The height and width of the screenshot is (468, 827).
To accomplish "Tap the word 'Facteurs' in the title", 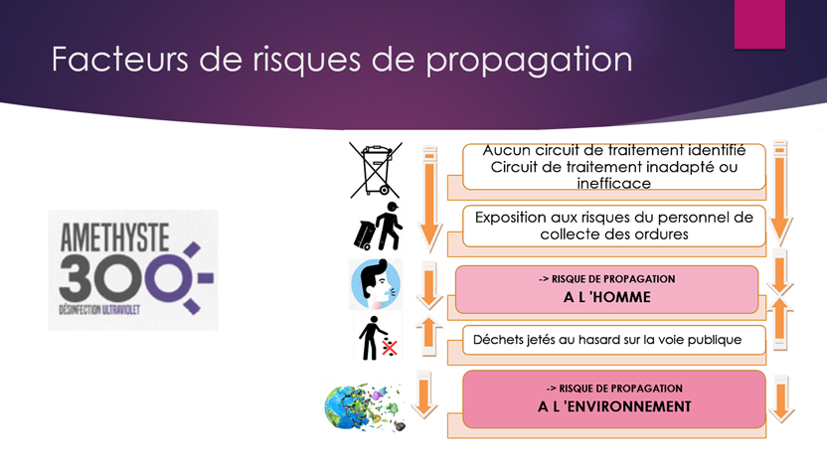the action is (119, 58).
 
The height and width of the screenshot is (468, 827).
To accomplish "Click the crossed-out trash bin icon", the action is (376, 170).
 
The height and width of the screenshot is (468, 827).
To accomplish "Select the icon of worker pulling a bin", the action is (378, 227).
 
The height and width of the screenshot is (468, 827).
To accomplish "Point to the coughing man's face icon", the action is (376, 283).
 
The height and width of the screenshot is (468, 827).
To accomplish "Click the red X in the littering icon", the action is (390, 348).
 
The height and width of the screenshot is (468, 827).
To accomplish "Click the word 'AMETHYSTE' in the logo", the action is (114, 237).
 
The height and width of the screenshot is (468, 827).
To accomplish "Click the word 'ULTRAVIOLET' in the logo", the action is (121, 310).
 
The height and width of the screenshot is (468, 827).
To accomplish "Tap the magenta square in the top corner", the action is (759, 24).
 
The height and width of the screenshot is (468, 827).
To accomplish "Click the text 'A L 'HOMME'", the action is (606, 297).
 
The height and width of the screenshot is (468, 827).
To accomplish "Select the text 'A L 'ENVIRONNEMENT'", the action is (614, 406).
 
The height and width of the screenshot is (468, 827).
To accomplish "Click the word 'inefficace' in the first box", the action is (614, 184).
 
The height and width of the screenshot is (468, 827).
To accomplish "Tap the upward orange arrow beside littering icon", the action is (428, 336).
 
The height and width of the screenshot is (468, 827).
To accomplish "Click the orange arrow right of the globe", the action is (781, 399).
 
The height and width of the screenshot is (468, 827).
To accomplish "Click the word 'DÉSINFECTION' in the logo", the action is (80, 310).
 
